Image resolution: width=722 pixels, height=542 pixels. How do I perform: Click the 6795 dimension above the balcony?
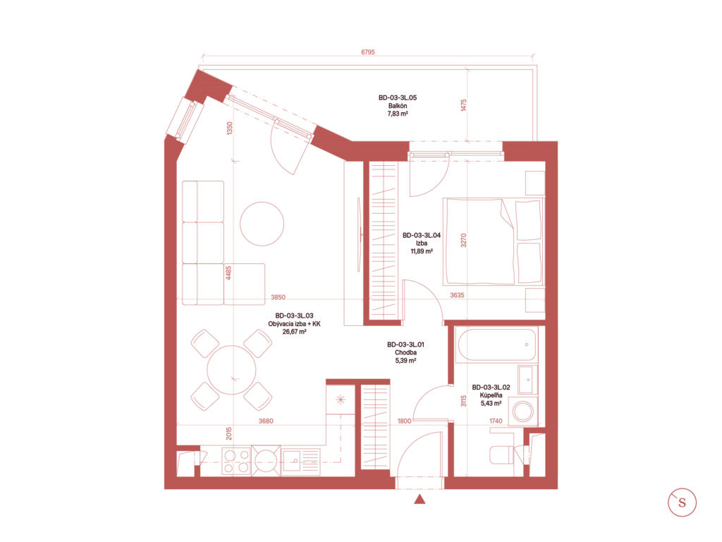pyautogui.click(x=367, y=52)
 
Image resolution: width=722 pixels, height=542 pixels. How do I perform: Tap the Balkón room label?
pyautogui.click(x=398, y=106)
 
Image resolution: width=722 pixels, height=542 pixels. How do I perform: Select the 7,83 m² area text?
pyautogui.click(x=398, y=114)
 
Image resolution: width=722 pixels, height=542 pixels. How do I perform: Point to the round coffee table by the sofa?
pyautogui.click(x=262, y=224)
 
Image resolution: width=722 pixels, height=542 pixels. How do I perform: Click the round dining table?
pyautogui.click(x=231, y=370)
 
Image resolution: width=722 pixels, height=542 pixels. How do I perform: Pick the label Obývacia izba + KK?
pyautogui.click(x=294, y=323)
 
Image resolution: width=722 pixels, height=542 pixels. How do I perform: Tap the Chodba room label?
pyautogui.click(x=405, y=353)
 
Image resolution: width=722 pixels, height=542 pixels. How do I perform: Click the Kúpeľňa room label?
pyautogui.click(x=491, y=395)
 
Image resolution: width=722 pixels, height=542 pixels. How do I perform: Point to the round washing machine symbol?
pyautogui.click(x=523, y=411)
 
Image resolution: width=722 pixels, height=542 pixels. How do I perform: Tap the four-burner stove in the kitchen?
pyautogui.click(x=236, y=462)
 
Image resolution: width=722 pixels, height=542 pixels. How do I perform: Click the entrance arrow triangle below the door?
pyautogui.click(x=420, y=499)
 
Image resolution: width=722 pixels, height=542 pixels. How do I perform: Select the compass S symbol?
pyautogui.click(x=682, y=502)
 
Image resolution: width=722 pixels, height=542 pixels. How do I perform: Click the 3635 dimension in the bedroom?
pyautogui.click(x=457, y=296)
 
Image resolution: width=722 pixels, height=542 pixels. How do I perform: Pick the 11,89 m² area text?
pyautogui.click(x=422, y=252)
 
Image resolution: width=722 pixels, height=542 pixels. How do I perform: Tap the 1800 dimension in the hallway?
pyautogui.click(x=404, y=421)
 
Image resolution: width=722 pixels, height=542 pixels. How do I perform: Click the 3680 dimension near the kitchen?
pyautogui.click(x=266, y=421)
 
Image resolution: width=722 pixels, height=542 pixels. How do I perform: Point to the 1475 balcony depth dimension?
pyautogui.click(x=464, y=105)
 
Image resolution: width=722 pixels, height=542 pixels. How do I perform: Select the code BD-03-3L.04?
pyautogui.click(x=422, y=235)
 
